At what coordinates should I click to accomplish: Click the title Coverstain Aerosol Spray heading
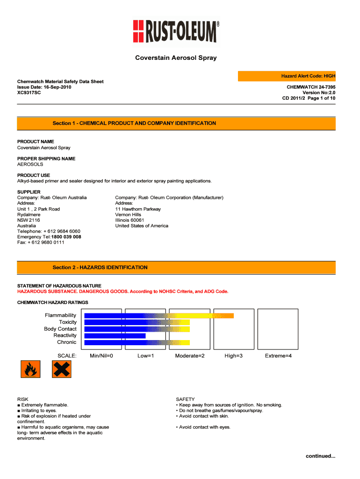tap(176, 58)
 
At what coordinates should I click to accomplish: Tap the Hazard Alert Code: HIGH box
tap(287, 76)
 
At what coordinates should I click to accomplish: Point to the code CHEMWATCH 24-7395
tap(311, 87)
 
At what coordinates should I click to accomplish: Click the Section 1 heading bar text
tap(134, 123)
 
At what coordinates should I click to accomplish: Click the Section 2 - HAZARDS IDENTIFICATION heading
tap(100, 268)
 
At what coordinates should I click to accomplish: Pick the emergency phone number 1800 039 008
tap(66, 237)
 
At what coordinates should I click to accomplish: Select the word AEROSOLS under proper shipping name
tap(30, 165)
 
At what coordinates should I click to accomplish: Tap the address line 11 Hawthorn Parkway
tap(138, 209)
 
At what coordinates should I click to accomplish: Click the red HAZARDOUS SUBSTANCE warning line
tap(123, 291)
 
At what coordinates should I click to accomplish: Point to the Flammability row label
tap(60, 315)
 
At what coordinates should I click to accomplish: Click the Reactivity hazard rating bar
tap(115, 335)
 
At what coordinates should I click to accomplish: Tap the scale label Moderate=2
tap(190, 356)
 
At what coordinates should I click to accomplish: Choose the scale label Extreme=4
tap(278, 356)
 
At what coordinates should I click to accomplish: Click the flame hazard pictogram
tap(30, 370)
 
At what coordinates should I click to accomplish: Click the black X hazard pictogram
tap(60, 370)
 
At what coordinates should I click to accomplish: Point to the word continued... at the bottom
tap(321, 456)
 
